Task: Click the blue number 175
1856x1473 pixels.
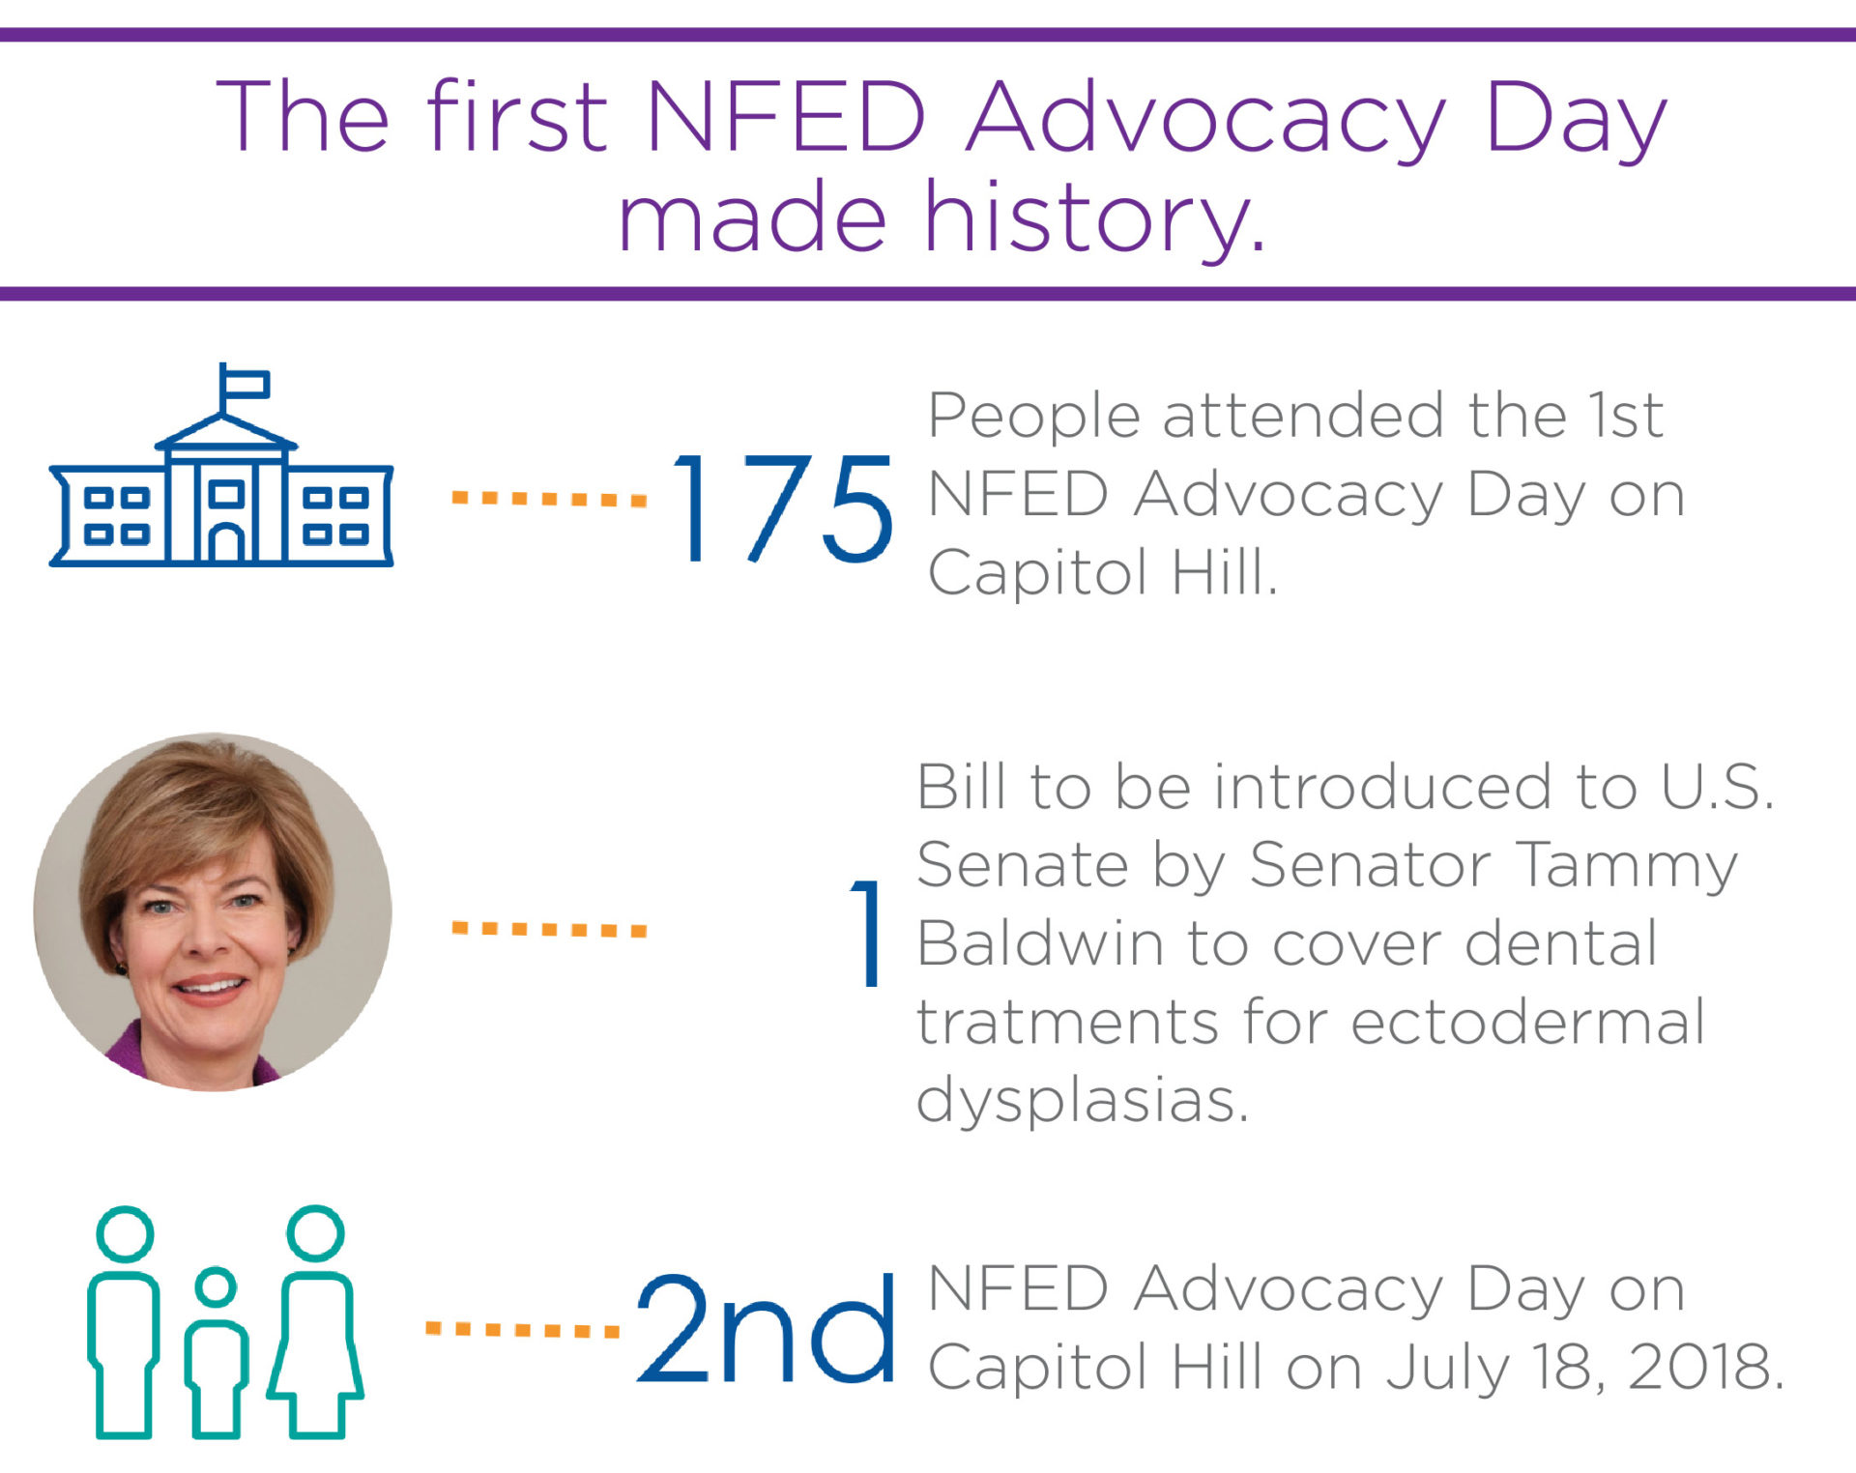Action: coord(781,508)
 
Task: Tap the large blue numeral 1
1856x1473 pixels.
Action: coord(867,933)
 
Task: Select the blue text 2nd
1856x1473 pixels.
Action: coord(766,1329)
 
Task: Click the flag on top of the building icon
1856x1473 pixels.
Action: coord(244,384)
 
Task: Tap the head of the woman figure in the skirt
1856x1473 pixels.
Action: coord(315,1233)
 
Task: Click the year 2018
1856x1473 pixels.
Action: coord(1704,1367)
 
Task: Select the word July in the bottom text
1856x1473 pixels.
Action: coord(1447,1369)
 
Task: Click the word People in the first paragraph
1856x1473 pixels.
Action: coord(1033,418)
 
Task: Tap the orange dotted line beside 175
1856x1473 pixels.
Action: coord(549,499)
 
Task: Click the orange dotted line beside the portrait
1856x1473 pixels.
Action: coord(549,930)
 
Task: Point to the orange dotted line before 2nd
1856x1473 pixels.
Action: coord(522,1330)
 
